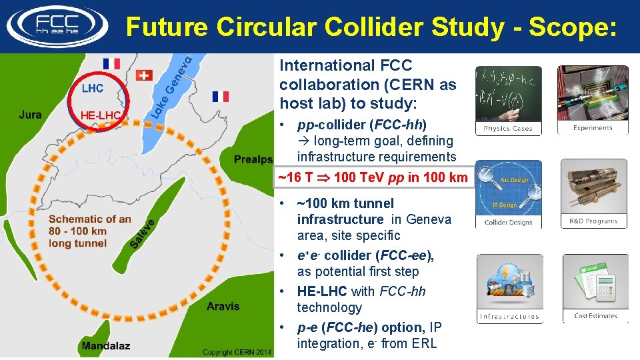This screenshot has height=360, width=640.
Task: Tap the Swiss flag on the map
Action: click(144, 75)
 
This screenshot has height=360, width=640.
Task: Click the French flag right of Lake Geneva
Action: click(221, 97)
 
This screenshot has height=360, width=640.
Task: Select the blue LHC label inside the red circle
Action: click(93, 88)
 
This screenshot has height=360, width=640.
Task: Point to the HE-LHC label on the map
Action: click(100, 116)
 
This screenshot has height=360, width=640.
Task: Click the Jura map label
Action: click(31, 115)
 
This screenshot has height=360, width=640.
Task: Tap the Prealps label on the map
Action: click(253, 159)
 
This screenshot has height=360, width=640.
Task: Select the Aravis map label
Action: click(223, 306)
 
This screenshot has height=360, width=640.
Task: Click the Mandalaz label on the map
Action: click(106, 345)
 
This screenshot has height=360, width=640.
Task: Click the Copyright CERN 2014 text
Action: click(237, 352)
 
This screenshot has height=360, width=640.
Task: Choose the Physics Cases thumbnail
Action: click(508, 100)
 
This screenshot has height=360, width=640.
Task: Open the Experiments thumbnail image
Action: click(593, 100)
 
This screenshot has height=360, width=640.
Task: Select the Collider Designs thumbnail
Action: click(508, 194)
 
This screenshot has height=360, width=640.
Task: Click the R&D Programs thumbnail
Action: click(593, 194)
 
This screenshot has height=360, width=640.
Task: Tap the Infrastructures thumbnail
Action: click(509, 288)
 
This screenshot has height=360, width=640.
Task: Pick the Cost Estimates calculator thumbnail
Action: click(595, 288)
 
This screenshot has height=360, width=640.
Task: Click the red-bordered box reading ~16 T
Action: click(373, 178)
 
